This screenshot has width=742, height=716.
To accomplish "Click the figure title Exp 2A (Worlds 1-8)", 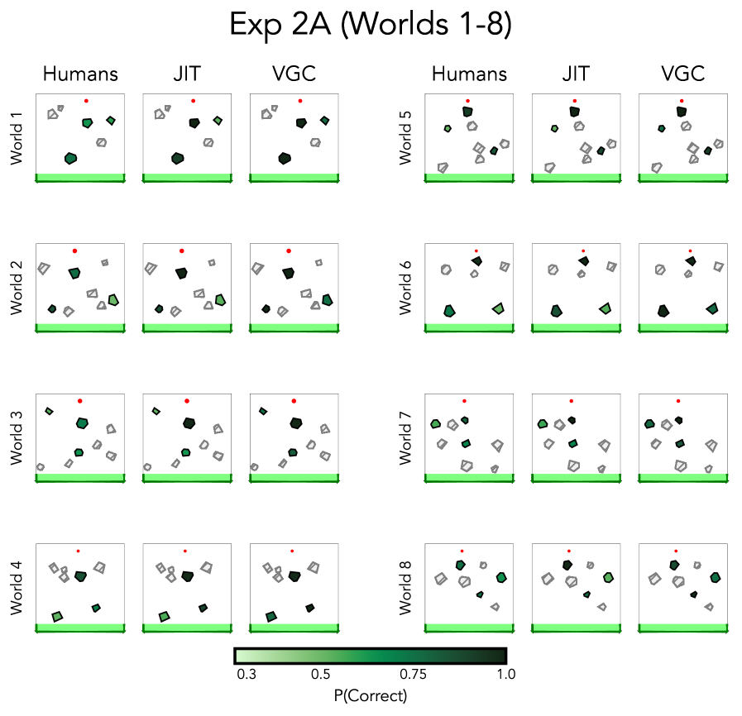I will coord(371,25).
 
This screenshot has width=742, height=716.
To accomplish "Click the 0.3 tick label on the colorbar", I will coord(245,675).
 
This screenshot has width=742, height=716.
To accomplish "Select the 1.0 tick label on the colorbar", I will coord(506,675).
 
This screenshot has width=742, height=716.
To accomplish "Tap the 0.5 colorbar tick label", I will coord(320,675).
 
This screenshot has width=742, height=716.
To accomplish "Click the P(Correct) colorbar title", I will coord(371,695).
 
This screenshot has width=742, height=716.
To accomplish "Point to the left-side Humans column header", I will coord(80,74).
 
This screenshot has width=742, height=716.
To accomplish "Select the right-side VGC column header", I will coord(683,74).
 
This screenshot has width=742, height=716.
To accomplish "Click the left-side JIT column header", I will coord(187,74).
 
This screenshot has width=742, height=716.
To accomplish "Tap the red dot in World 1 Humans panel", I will coord(86,101).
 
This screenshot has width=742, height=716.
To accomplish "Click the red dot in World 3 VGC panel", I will coord(294,401).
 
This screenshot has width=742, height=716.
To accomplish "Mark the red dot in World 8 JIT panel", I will coord(569,551).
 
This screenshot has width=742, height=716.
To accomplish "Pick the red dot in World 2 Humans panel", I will coord(74,251).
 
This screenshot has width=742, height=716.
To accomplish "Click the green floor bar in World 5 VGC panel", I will coord(683,178).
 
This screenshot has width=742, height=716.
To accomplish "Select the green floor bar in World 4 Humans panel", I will coord(80,628).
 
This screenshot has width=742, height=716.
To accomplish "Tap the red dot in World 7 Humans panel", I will coord(464,401).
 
